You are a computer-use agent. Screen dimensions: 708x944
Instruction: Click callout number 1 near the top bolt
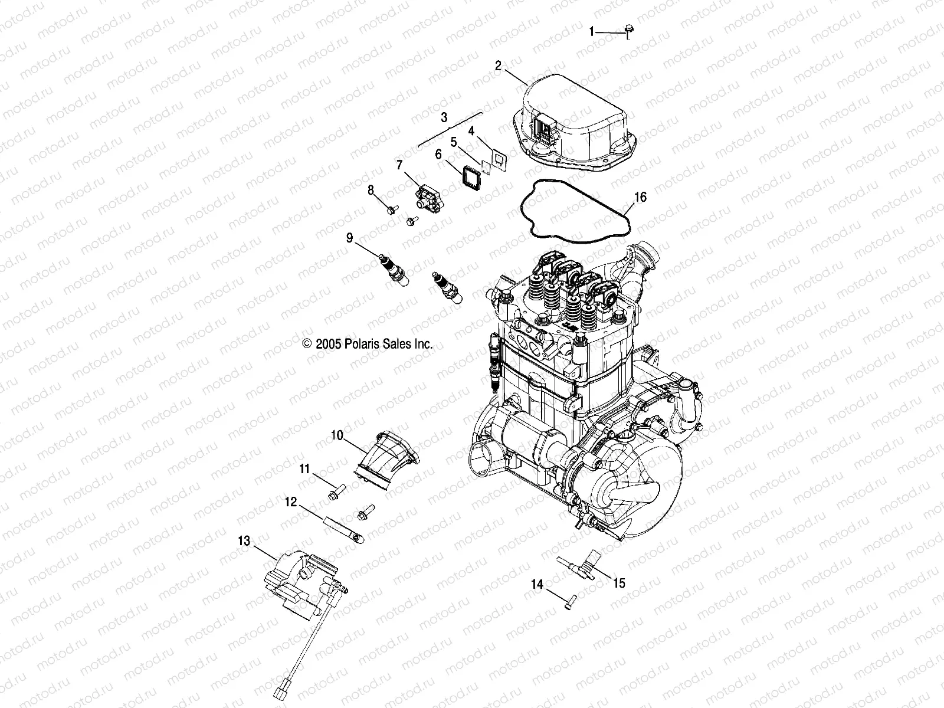[592, 32]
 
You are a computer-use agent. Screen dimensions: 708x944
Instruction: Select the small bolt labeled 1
[628, 29]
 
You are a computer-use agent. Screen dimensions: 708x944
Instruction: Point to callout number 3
[444, 117]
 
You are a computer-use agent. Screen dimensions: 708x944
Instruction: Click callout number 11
[304, 469]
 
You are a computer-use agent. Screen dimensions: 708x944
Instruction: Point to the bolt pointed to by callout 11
[335, 491]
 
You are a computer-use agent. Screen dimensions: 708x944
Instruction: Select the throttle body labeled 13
[298, 581]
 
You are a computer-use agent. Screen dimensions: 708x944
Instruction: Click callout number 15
[618, 584]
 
